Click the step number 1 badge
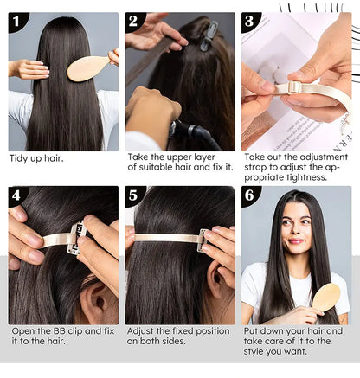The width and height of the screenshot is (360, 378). (x=16, y=21)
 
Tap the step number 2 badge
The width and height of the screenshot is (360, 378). (x=133, y=21)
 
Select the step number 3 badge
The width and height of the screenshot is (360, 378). (x=249, y=21)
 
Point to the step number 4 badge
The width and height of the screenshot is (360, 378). (x=16, y=195)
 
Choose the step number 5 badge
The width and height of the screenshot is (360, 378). (x=133, y=195)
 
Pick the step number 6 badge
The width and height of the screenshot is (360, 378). (x=249, y=195)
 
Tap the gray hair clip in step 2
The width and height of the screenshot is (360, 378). (x=209, y=36)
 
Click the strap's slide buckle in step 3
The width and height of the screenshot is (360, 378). (x=293, y=86)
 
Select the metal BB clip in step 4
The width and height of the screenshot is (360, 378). (x=76, y=238)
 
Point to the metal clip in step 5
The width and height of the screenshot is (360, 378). (x=202, y=240)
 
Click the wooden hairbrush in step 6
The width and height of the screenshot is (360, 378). (x=325, y=298)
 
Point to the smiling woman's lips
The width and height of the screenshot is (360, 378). (x=297, y=240)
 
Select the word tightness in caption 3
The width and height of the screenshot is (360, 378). (x=305, y=177)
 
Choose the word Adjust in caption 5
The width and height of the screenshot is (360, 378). (x=140, y=331)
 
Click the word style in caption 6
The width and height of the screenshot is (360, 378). (x=254, y=352)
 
